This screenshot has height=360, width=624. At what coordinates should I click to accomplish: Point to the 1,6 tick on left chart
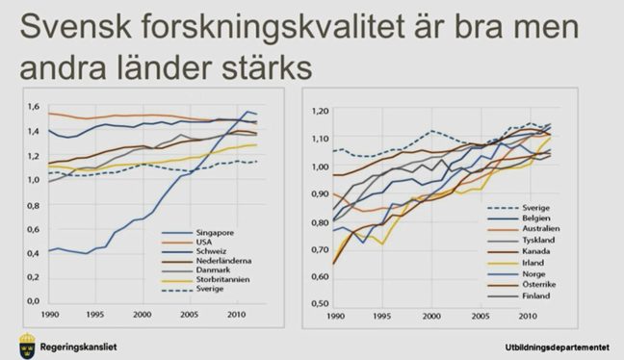click(32, 107)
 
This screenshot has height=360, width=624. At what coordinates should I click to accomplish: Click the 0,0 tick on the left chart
click(32, 301)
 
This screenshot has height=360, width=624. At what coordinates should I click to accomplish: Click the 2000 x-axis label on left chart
click(142, 314)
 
